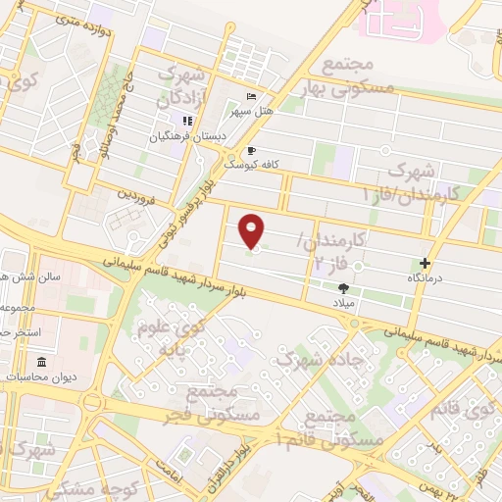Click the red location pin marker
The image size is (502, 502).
pos(253,230)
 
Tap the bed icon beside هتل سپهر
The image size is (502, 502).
pos(251,95)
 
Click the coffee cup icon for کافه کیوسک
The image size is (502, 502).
pos(251,151)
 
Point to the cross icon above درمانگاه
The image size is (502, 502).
pos(425,263)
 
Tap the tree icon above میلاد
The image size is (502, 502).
pos(343,288)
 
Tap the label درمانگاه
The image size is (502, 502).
pos(426,279)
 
